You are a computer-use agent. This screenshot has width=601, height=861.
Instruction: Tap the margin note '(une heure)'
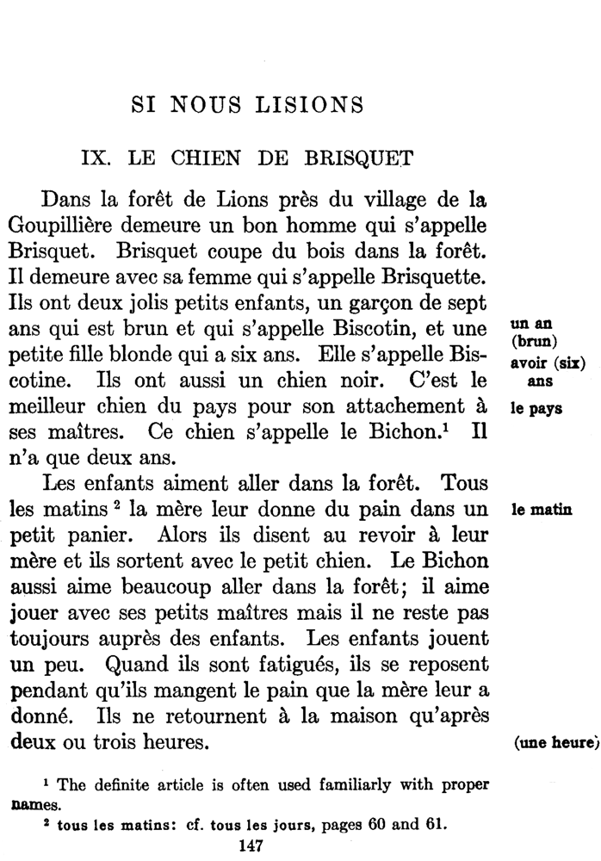tap(555, 743)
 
